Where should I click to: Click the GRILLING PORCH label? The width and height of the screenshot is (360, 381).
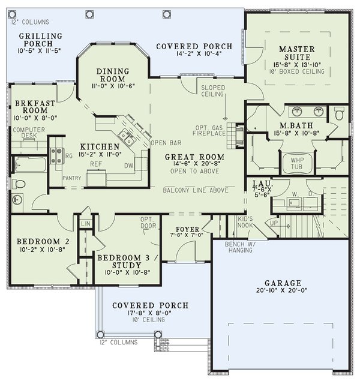[x=40, y=40]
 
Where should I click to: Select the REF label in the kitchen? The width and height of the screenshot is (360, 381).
[x=95, y=163]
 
